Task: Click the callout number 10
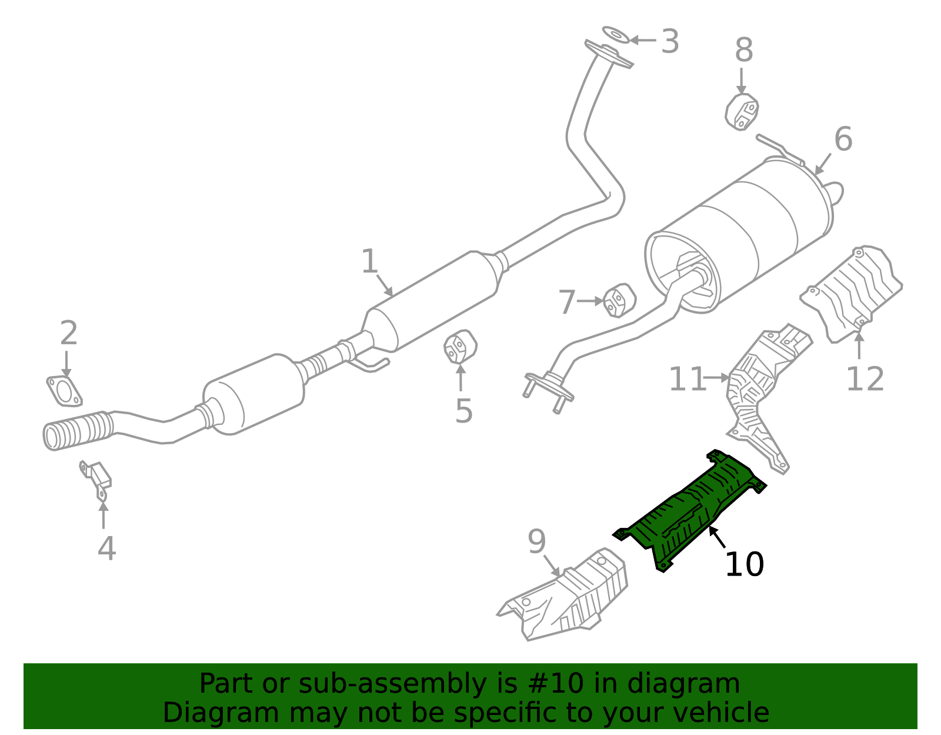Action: pyautogui.click(x=744, y=565)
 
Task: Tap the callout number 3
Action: pyautogui.click(x=670, y=42)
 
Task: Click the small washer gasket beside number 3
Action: pyautogui.click(x=616, y=35)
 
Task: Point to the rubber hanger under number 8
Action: pyautogui.click(x=742, y=111)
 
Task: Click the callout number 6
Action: pyautogui.click(x=843, y=140)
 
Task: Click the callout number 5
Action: pyautogui.click(x=463, y=411)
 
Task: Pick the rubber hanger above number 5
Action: pyautogui.click(x=459, y=347)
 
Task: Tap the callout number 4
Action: pyautogui.click(x=106, y=548)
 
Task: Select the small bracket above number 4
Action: pyautogui.click(x=96, y=478)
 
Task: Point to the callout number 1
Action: pyautogui.click(x=369, y=262)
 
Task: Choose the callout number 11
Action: pyautogui.click(x=687, y=380)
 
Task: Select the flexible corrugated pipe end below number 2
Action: pyautogui.click(x=76, y=431)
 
